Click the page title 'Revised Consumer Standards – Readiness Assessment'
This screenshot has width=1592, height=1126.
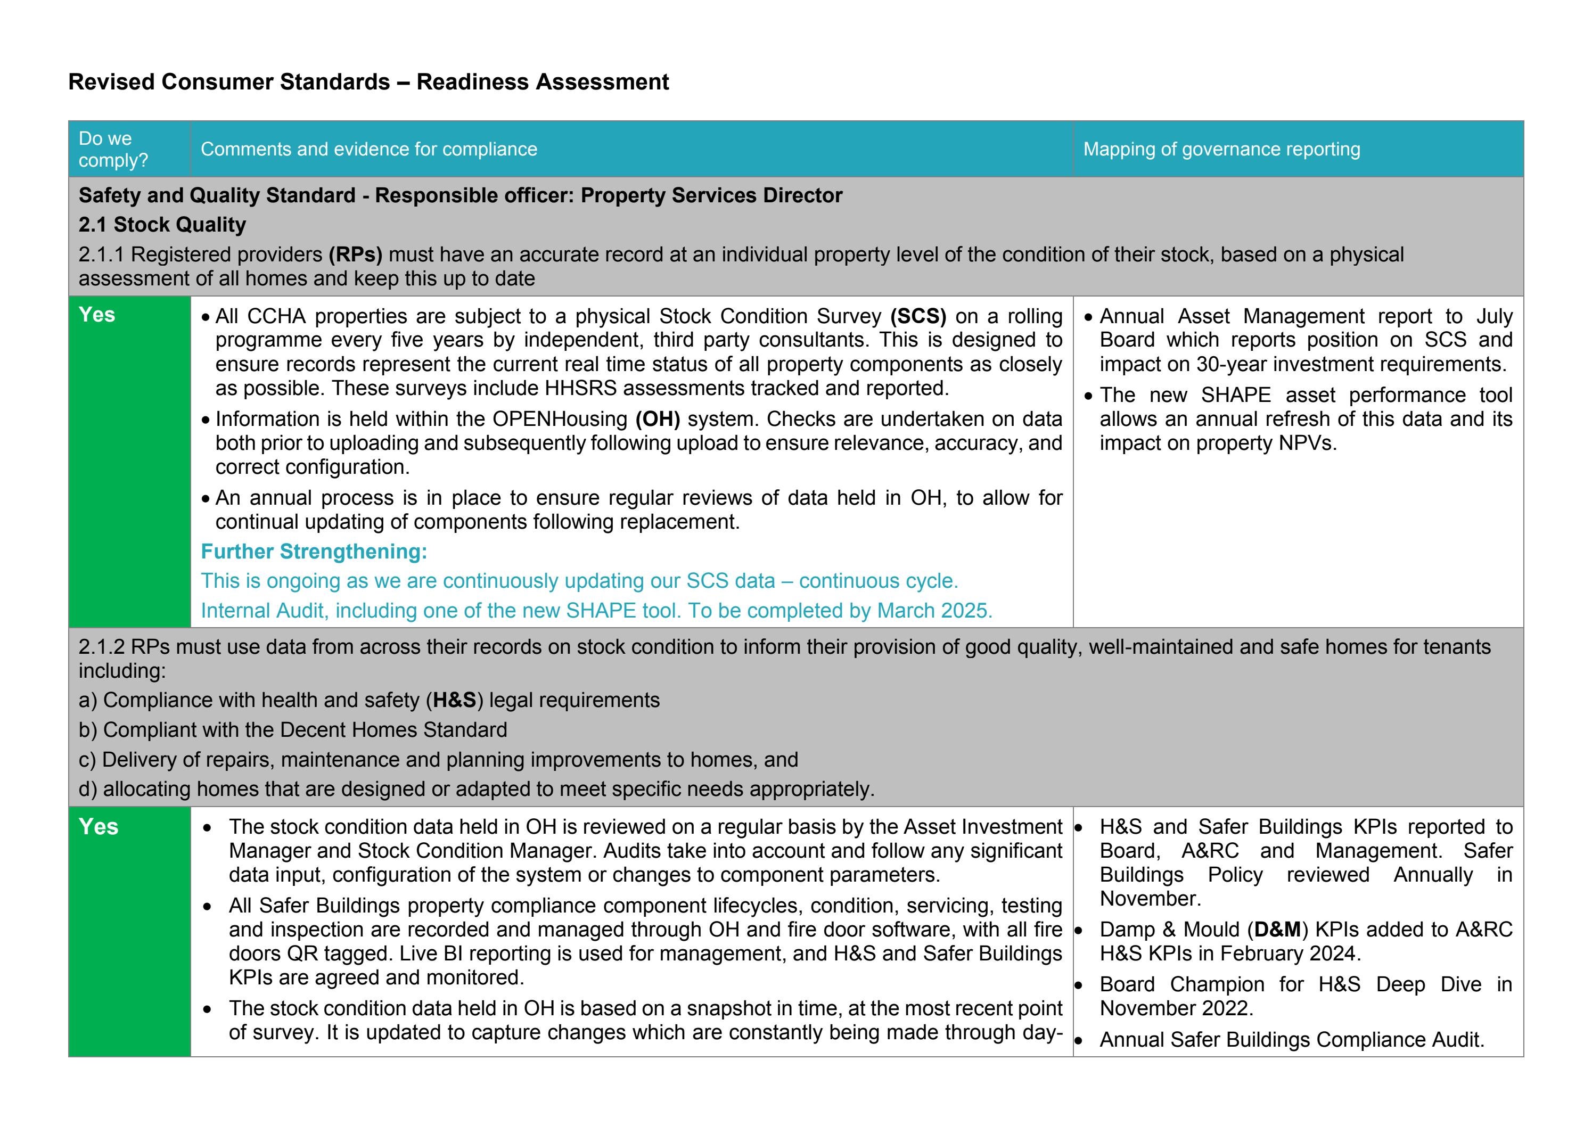coord(368,82)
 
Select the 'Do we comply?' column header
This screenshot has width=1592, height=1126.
coord(113,149)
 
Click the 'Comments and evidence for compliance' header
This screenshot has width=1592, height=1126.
coord(369,149)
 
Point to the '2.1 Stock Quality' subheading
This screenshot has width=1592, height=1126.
coord(162,225)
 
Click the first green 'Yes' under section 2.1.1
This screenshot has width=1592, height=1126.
coord(97,315)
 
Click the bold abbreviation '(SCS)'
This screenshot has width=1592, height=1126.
coord(918,316)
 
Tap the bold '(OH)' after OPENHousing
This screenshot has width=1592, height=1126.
coord(658,419)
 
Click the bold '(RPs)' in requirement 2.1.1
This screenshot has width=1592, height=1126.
coord(355,254)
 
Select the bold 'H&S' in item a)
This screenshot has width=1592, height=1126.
coord(454,700)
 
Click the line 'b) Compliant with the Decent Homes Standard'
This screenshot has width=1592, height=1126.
coord(293,730)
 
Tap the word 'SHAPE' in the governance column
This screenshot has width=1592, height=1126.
coord(1236,395)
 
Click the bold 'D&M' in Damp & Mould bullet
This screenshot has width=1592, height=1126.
coord(1277,930)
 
